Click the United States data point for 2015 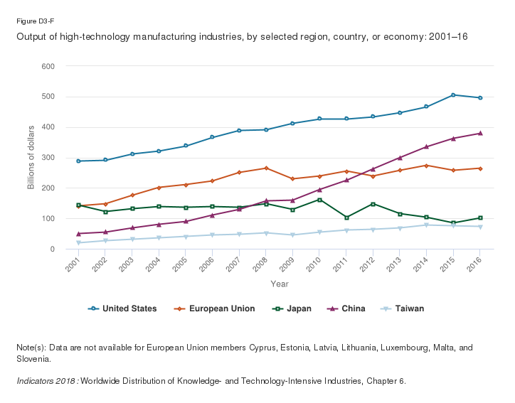tap(453, 95)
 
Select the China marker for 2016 tap(480, 133)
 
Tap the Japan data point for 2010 tap(319, 200)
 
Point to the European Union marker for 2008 tap(266, 168)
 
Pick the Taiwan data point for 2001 tap(78, 242)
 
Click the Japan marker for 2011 tap(346, 217)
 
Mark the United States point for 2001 tap(78, 161)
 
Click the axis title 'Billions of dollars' tap(31, 158)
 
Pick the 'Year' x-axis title tap(279, 284)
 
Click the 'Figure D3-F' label tap(33, 21)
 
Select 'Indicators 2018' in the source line tap(46, 381)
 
